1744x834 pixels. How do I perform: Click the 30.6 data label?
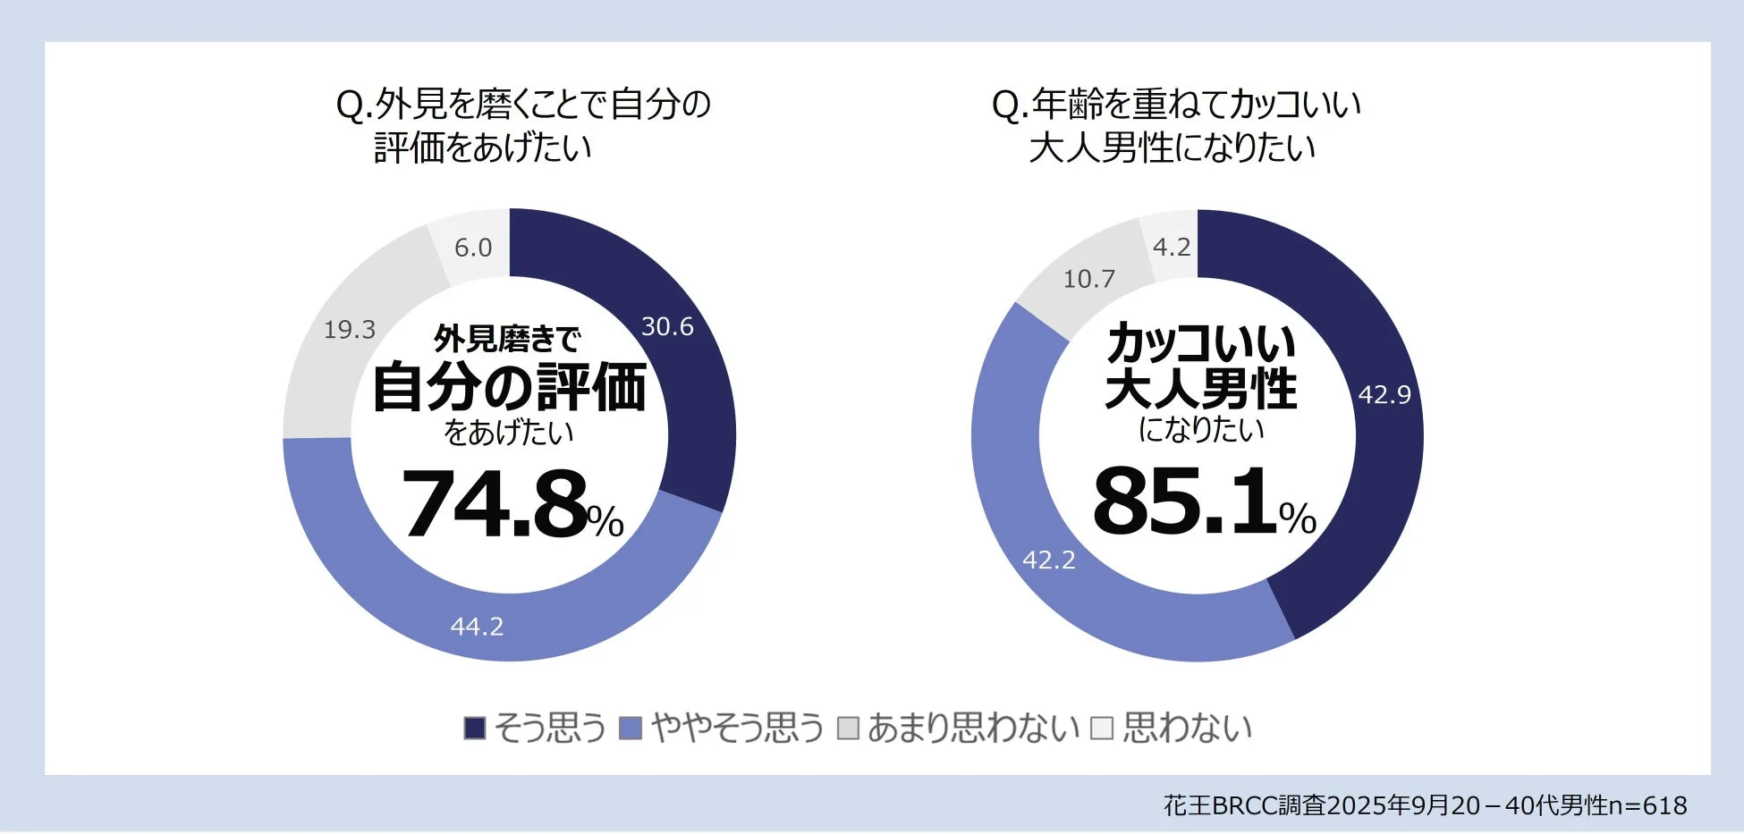point(667,327)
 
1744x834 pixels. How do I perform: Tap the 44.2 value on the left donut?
point(477,627)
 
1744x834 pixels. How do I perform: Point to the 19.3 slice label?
point(350,330)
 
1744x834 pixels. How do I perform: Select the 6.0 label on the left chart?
point(473,248)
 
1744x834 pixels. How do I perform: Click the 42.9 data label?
point(1384,395)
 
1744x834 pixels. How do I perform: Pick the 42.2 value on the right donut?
point(1049,560)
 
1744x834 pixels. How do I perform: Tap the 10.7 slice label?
point(1088,280)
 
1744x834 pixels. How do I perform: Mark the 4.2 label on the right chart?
point(1172,248)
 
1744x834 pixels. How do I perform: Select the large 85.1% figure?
point(1203,502)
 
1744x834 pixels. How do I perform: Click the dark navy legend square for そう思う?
point(475,729)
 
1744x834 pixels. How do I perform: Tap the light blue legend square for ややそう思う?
point(631,729)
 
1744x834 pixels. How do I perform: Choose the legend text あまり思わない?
point(973,729)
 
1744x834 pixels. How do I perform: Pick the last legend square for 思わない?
point(1102,729)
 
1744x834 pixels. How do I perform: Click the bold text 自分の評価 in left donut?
point(509,388)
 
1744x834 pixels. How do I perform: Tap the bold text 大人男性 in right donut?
point(1201,389)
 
